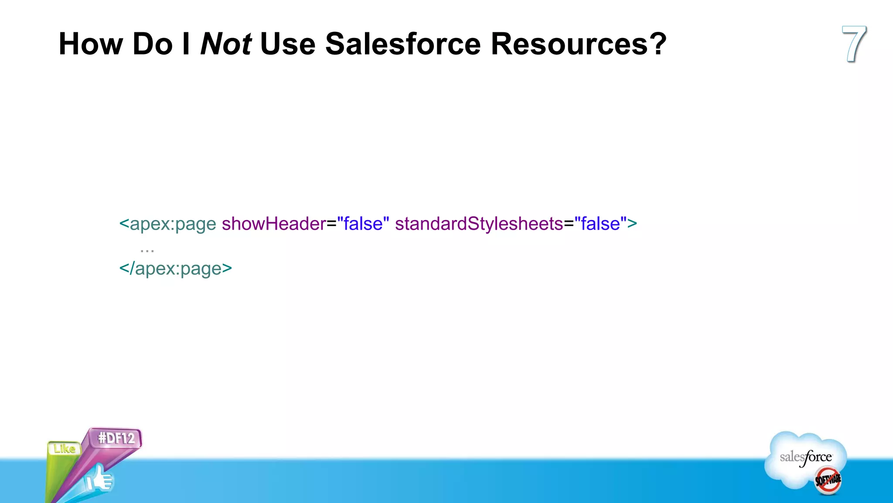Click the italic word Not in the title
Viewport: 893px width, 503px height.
(x=225, y=44)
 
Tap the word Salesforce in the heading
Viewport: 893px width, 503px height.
(x=403, y=44)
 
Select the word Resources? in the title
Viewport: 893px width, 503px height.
(x=578, y=44)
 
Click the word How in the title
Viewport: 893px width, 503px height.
(x=91, y=44)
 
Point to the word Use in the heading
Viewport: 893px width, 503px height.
(x=287, y=44)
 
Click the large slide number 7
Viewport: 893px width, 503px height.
(x=853, y=44)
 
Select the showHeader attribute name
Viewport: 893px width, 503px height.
(x=273, y=224)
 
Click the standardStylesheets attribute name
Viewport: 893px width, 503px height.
(x=479, y=224)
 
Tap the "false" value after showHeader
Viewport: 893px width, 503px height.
(x=363, y=224)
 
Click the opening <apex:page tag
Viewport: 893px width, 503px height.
(x=168, y=224)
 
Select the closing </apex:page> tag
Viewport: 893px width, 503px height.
(x=175, y=269)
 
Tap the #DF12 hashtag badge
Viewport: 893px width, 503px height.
(x=116, y=438)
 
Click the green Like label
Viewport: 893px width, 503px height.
(x=65, y=448)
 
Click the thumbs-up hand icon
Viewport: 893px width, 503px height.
(x=99, y=479)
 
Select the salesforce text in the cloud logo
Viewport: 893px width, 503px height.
(x=806, y=457)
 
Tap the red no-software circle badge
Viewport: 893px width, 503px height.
(x=828, y=480)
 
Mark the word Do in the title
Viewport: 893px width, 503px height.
(x=153, y=44)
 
